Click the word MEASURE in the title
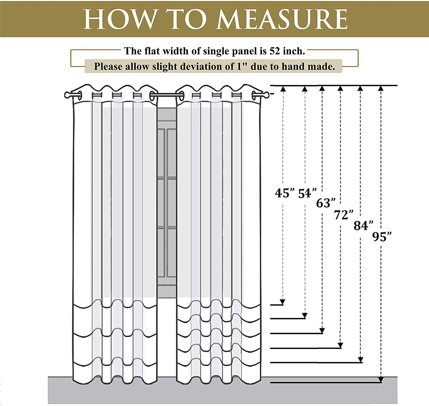coord(282,19)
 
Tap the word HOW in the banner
coord(120,19)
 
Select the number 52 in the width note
coord(274,51)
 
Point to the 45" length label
coord(285,193)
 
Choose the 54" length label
coord(307,193)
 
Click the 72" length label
coord(344,215)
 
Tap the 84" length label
coord(363,225)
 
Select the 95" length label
coord(382,237)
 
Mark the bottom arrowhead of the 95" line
coord(381,379)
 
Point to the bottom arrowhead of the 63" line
coord(322,330)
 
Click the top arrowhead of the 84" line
coord(360,89)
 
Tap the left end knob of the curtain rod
coord(67,95)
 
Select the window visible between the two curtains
coord(166,203)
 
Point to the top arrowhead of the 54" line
coord(305,89)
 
